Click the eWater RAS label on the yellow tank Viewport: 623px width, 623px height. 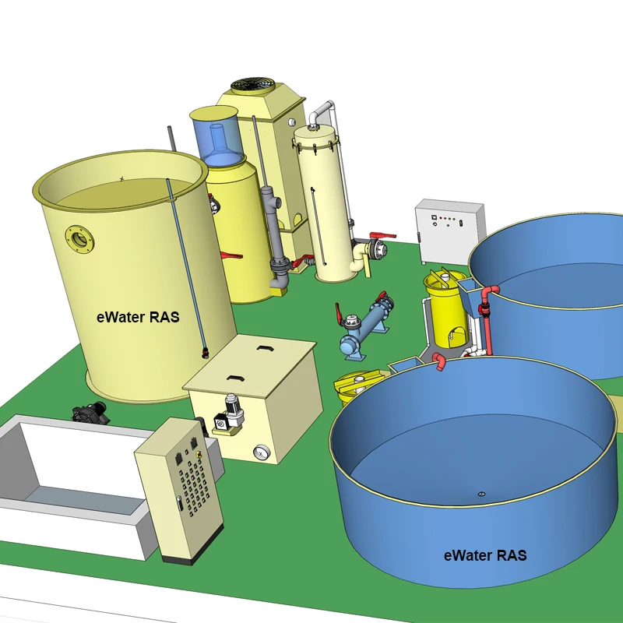coord(137,317)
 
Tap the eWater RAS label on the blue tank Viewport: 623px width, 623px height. coord(484,555)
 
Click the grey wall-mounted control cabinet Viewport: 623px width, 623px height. coord(449,231)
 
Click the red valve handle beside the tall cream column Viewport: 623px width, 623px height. coord(382,234)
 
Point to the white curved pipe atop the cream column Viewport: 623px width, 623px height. coord(322,113)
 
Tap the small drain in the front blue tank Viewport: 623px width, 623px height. coord(480,494)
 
